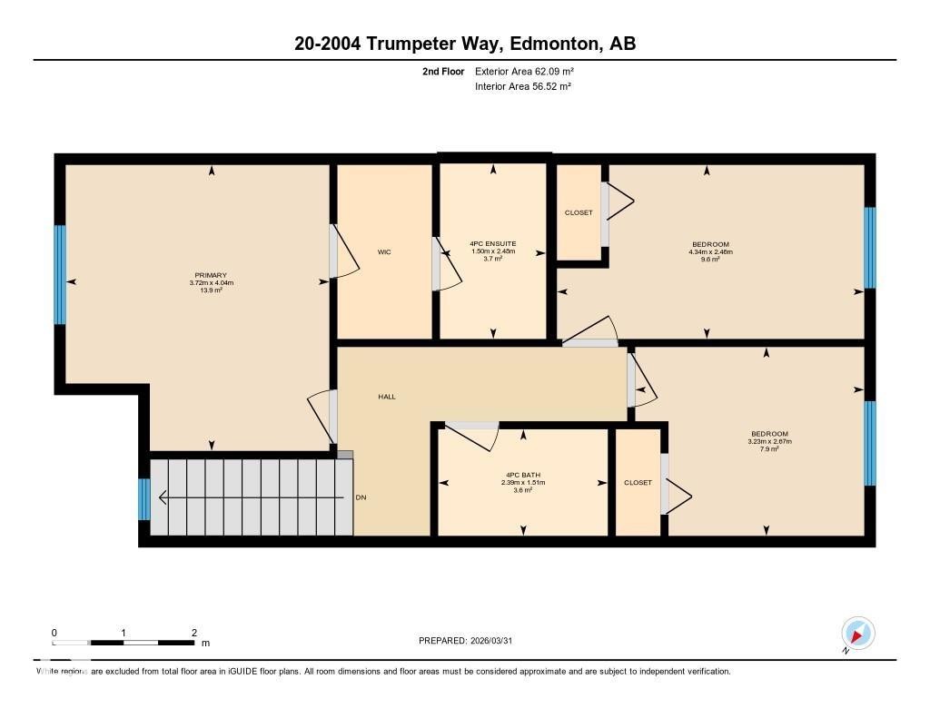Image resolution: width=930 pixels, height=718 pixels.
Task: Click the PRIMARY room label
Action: (x=211, y=275)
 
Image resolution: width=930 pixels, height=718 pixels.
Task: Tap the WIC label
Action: (x=384, y=252)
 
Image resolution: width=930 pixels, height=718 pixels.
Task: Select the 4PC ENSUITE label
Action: (x=493, y=243)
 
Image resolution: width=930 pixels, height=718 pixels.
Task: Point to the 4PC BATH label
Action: (x=523, y=475)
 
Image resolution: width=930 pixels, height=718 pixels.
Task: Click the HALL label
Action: (x=387, y=397)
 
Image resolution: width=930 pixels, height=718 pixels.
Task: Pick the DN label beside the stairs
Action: (x=361, y=497)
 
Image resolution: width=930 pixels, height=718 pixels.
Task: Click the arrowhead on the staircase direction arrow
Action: (x=163, y=497)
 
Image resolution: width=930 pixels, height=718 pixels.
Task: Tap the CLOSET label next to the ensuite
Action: (x=579, y=212)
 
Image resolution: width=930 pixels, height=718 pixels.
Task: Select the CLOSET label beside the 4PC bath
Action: (x=638, y=483)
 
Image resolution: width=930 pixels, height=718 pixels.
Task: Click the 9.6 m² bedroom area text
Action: (x=710, y=259)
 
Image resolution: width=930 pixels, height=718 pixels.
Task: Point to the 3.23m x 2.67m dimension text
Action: (x=770, y=441)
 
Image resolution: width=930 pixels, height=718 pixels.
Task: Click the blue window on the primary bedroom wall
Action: (x=60, y=274)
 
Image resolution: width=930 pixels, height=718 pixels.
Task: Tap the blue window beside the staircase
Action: (x=144, y=499)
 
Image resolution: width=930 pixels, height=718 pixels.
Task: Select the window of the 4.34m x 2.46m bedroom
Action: (x=869, y=247)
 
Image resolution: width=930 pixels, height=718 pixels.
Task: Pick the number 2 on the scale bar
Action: (x=194, y=633)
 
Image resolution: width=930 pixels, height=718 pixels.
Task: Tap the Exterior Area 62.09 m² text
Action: (x=524, y=71)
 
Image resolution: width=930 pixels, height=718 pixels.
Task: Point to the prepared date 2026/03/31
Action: (x=491, y=640)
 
